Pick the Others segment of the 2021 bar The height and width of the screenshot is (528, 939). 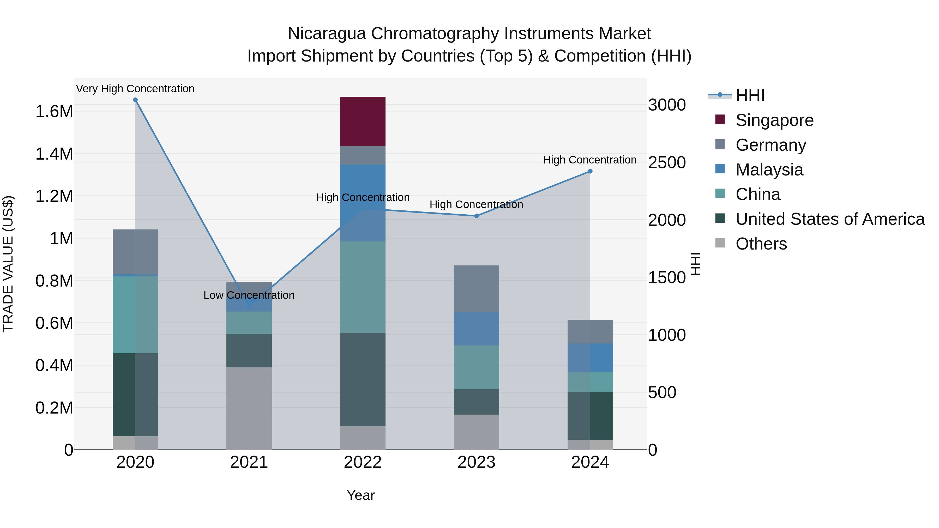pos(249,408)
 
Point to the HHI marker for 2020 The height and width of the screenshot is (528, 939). pos(135,100)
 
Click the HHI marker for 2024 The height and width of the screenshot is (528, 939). pos(590,171)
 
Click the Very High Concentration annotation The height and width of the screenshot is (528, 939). pos(135,89)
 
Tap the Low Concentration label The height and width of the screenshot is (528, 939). pos(249,295)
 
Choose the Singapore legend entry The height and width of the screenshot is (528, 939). pos(774,120)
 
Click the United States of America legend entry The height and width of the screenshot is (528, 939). pos(830,219)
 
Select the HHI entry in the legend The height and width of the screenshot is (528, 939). pos(750,95)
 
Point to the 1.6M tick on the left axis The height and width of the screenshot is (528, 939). pos(54,112)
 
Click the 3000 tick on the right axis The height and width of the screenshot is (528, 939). pos(667,105)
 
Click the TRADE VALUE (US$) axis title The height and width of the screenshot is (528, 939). pos(8,264)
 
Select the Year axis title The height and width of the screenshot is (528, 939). pos(360,495)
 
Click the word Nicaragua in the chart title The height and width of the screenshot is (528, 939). pos(327,34)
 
